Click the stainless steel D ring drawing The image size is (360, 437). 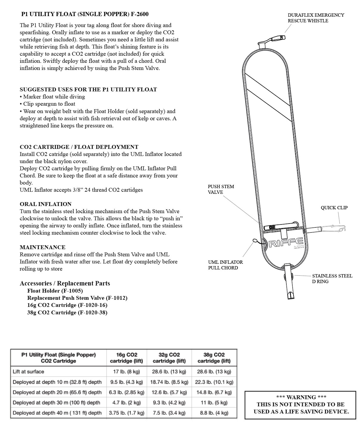click(286, 277)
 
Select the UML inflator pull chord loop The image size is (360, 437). click(255, 241)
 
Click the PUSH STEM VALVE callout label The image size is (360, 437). click(221, 189)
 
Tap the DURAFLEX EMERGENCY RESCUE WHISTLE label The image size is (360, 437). click(316, 18)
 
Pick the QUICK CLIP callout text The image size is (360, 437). click(334, 208)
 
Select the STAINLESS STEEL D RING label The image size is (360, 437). click(332, 279)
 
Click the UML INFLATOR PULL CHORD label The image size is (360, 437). click(225, 265)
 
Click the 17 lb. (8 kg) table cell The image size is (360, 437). click(126, 372)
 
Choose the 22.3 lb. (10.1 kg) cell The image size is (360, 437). click(214, 382)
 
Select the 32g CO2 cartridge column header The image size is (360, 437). click(169, 358)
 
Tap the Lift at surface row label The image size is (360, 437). click(28, 372)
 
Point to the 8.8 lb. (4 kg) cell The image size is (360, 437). click(214, 413)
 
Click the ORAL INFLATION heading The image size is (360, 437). click(46, 204)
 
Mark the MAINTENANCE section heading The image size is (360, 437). click(43, 247)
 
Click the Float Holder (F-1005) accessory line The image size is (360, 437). click(55, 291)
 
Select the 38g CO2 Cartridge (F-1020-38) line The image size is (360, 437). click(67, 313)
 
